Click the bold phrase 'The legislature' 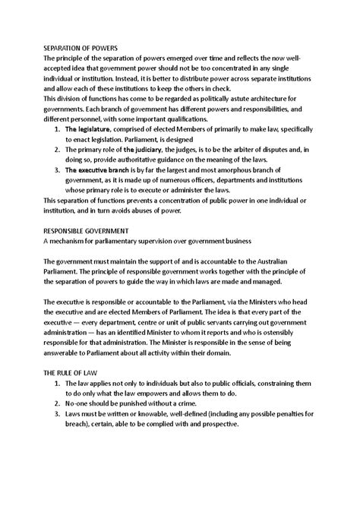coord(90,131)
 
